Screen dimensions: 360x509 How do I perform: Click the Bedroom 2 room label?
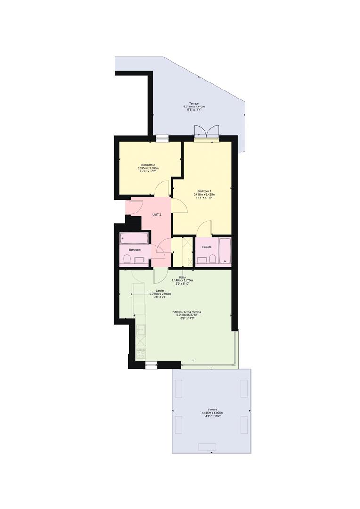tap(148, 164)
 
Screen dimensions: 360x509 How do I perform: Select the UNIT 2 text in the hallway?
tap(157, 215)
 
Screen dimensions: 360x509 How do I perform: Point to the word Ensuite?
tap(207, 247)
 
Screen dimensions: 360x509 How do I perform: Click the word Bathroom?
tap(135, 250)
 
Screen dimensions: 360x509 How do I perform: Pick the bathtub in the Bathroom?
tap(134, 238)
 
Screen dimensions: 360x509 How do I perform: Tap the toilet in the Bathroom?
tap(127, 259)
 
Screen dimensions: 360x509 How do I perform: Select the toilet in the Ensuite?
tap(213, 259)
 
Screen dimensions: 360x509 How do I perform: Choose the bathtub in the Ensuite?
tap(225, 251)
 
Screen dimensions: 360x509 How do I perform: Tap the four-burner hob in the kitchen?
tap(140, 353)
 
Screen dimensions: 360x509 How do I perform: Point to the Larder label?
tap(160, 291)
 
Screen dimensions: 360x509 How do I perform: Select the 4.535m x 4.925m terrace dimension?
tap(213, 413)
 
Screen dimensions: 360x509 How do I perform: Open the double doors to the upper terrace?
tap(206, 132)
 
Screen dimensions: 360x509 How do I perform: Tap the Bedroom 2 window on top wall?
tap(162, 138)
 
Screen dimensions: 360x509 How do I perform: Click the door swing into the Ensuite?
tap(205, 228)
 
